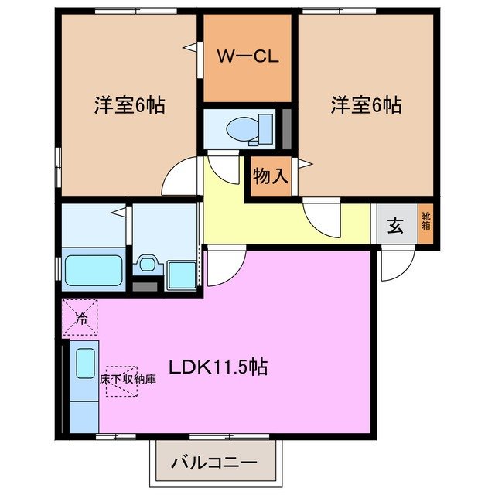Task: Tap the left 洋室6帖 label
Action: (x=128, y=106)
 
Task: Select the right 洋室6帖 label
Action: (x=366, y=106)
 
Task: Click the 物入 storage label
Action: (x=271, y=176)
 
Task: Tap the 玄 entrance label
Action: (x=395, y=227)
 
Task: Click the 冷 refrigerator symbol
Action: (x=80, y=317)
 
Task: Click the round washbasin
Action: (x=146, y=265)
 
